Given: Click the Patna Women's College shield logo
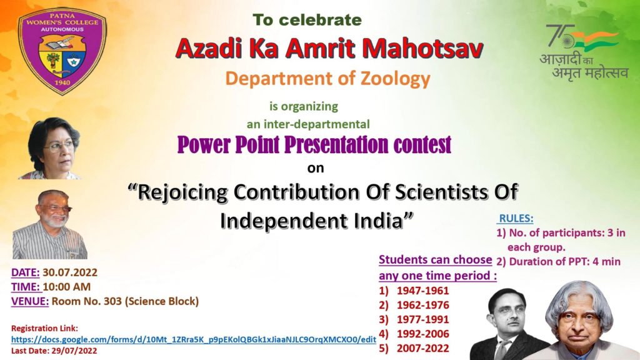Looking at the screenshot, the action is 62,51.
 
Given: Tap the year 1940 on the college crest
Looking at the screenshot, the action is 62,82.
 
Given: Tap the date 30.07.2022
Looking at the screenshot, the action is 70,272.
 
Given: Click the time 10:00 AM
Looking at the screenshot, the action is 66,287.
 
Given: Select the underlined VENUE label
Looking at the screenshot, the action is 30,301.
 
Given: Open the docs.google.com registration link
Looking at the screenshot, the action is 194,339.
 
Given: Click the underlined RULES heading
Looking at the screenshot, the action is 516,218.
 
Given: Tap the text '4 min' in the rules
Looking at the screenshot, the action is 606,262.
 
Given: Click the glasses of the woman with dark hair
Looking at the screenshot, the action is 59,146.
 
